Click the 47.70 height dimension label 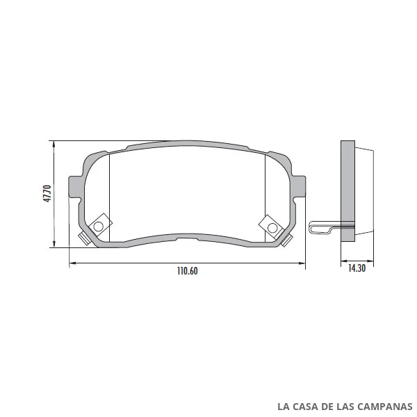pyautogui.click(x=47, y=194)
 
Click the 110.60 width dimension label pyautogui.click(x=188, y=271)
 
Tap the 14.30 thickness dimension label pyautogui.click(x=357, y=268)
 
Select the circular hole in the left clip pyautogui.click(x=99, y=227)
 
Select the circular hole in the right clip pyautogui.click(x=272, y=228)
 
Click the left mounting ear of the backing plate pyautogui.click(x=75, y=187)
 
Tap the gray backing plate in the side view pyautogui.click(x=348, y=191)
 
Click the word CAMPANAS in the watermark pyautogui.click(x=385, y=407)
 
